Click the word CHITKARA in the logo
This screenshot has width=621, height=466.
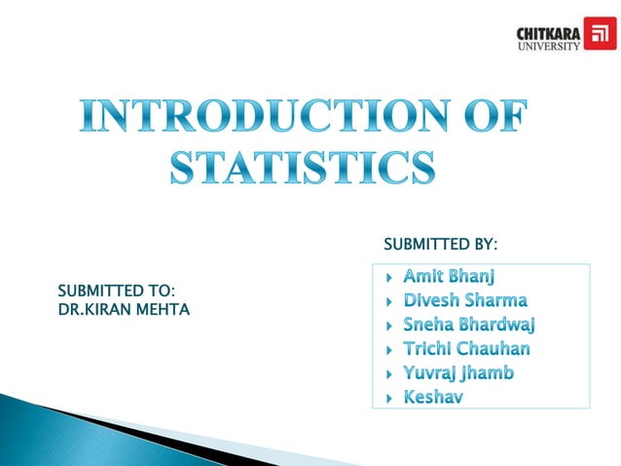(x=548, y=32)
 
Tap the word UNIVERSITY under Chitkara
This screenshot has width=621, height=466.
(x=548, y=45)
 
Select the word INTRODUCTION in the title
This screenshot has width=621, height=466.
(x=264, y=120)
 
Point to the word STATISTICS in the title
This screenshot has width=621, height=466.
(x=304, y=167)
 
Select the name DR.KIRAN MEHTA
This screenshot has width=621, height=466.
(x=125, y=309)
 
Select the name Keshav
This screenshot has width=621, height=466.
(x=432, y=397)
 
